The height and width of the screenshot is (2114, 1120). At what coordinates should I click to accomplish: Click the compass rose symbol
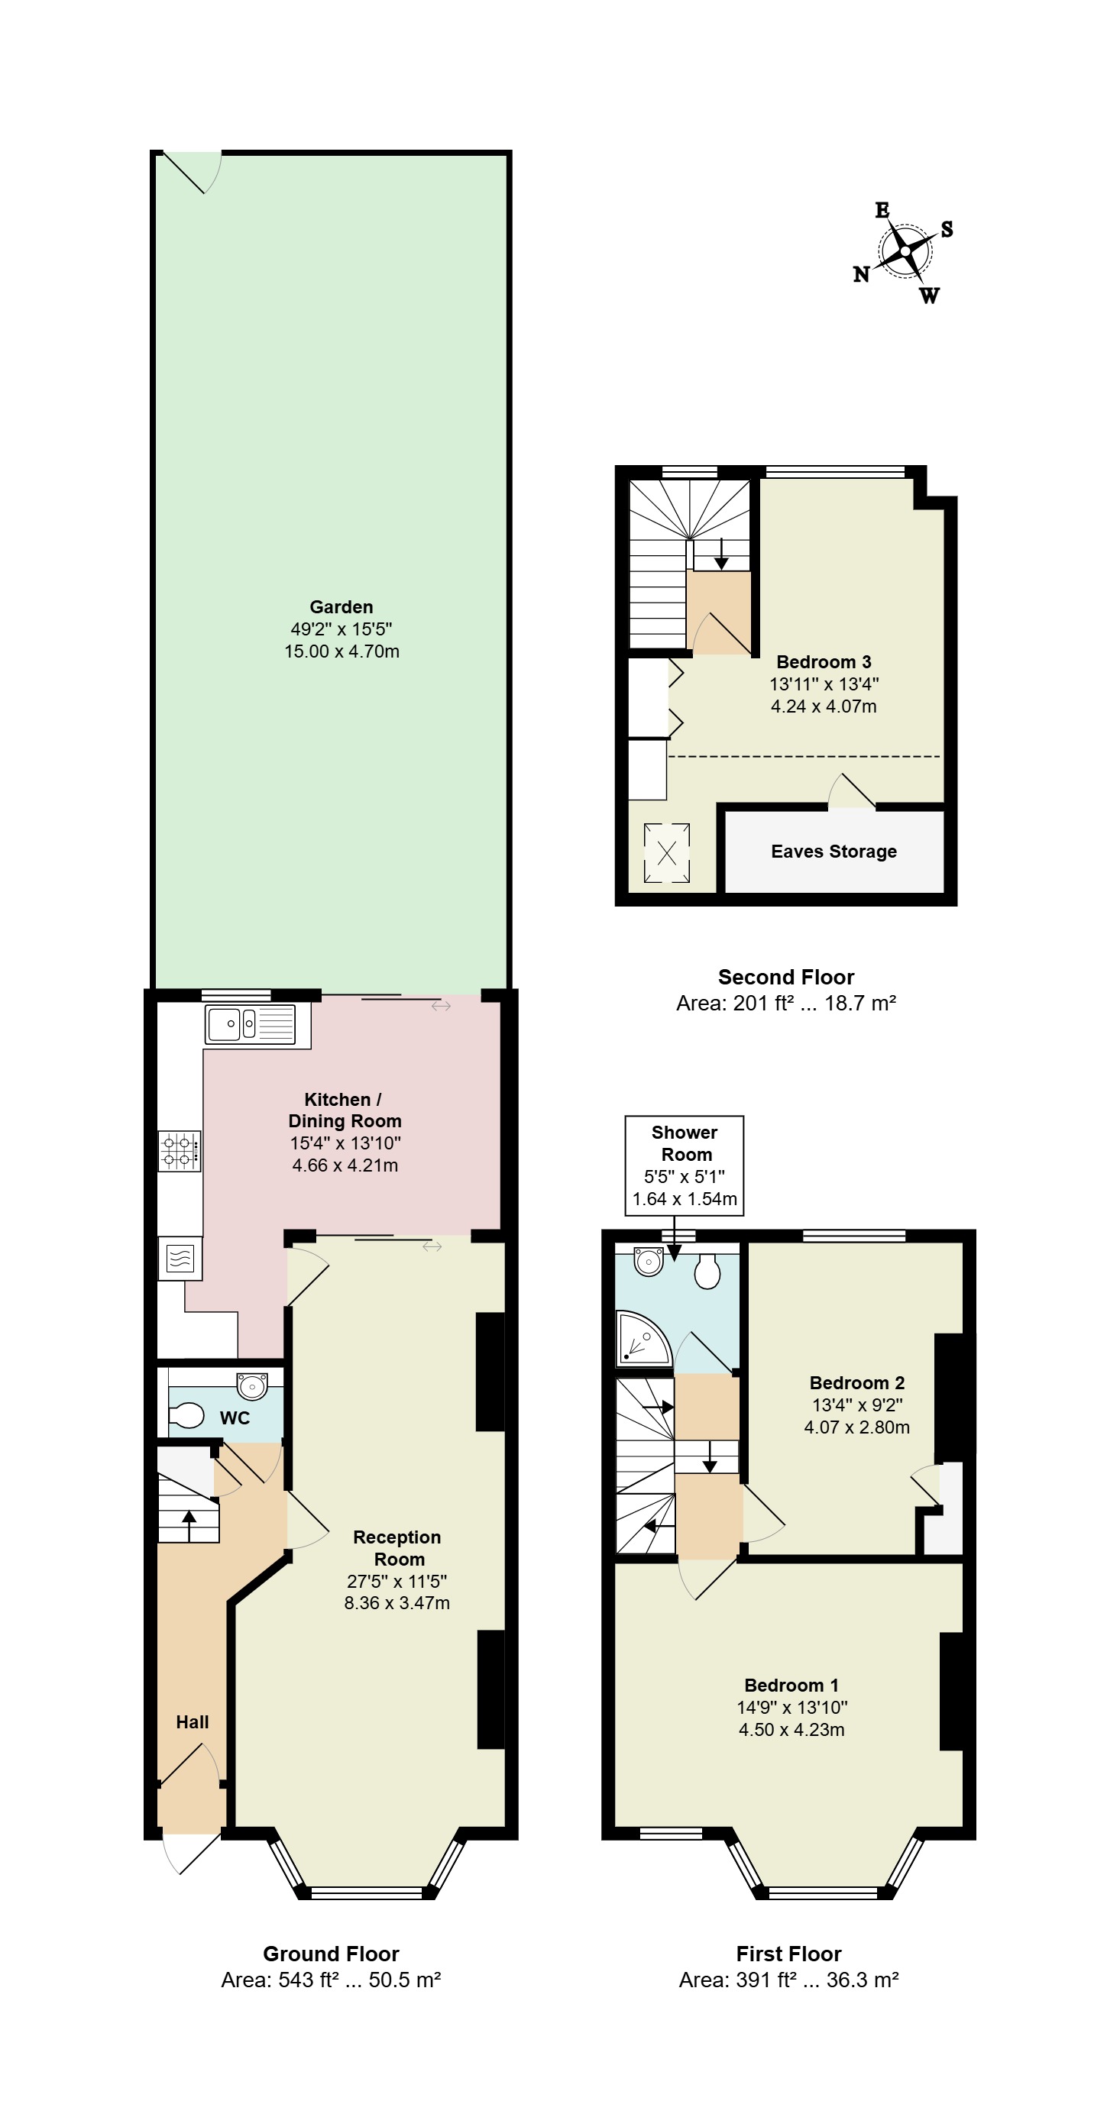point(904,252)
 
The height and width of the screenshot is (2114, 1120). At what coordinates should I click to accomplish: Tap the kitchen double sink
point(251,1024)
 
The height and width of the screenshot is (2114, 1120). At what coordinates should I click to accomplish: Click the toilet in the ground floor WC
point(186,1416)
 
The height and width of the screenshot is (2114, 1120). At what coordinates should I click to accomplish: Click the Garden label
point(342,607)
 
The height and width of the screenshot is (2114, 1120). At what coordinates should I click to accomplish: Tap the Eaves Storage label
point(834,852)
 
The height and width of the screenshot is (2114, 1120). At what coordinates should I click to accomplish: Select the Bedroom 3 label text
point(824,662)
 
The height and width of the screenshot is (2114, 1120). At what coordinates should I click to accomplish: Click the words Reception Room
point(397,1548)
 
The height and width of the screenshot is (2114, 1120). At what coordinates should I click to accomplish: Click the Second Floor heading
point(786,978)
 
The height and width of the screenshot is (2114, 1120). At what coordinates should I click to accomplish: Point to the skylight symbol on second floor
point(667,854)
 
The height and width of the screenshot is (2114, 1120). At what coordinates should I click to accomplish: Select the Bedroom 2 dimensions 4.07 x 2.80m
point(856,1427)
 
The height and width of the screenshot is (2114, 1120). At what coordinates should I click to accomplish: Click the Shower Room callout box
point(684,1165)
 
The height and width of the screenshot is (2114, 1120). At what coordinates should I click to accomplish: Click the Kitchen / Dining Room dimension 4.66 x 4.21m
point(345,1165)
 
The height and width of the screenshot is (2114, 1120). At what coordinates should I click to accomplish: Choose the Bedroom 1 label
point(791,1686)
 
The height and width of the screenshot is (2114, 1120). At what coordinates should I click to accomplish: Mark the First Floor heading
point(788,1954)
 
